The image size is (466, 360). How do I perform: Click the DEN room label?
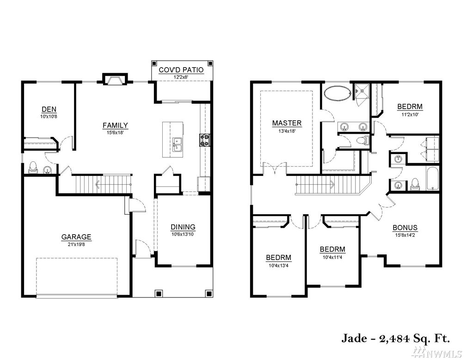coord(49,109)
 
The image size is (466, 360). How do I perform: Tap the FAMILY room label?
coord(115,125)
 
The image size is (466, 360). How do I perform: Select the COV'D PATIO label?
coord(181,70)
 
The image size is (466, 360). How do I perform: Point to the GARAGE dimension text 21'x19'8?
coord(76,244)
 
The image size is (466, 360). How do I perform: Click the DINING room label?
coord(183,227)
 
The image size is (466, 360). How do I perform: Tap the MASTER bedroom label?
coord(287,123)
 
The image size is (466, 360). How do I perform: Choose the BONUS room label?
coord(405,228)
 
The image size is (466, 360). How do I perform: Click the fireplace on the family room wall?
coord(115,80)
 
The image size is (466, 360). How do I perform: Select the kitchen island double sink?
coord(178,144)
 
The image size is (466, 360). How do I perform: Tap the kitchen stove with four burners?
coord(204,140)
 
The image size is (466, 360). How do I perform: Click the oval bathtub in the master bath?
coord(337,93)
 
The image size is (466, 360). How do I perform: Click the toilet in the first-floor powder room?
coord(33,168)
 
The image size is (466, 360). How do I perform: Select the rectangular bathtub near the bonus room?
coord(432,179)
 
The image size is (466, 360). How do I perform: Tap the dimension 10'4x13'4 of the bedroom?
coord(278,266)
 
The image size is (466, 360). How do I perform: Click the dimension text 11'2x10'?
coord(410,114)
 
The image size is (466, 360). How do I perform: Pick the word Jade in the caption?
coord(354,338)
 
